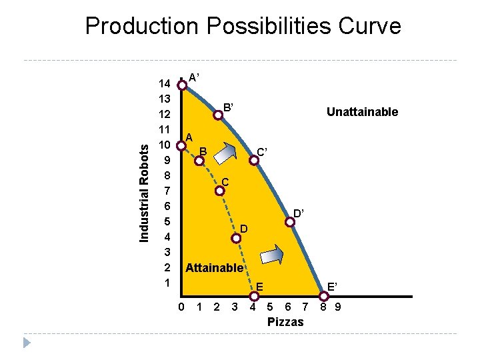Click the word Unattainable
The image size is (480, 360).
click(362, 112)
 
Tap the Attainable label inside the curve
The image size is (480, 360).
click(214, 267)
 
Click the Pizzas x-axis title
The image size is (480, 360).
click(285, 322)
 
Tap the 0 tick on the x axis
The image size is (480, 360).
click(182, 307)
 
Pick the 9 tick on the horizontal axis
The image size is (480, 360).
click(339, 307)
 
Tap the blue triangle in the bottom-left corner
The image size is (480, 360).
click(27, 343)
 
